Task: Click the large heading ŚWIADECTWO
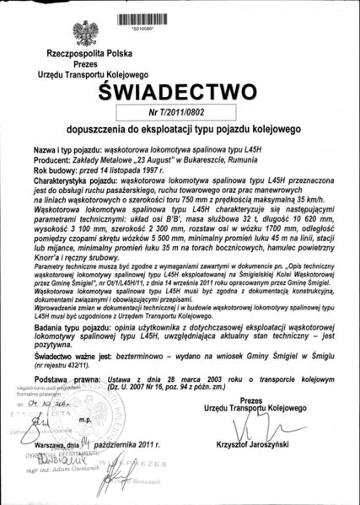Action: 179,90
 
